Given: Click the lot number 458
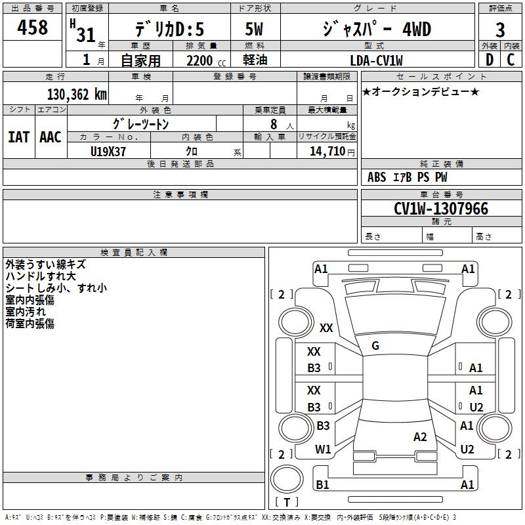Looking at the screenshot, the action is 32,27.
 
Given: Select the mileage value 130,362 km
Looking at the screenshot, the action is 77,94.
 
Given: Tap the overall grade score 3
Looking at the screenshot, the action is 500,30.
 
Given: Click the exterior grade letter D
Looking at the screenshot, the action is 490,60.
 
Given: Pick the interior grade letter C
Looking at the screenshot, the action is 511,60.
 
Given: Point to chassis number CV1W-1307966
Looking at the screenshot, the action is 441,209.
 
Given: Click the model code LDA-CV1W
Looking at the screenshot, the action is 376,60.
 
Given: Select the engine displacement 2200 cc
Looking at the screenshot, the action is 206,60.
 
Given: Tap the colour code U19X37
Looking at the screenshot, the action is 108,152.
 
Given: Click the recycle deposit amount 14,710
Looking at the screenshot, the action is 327,151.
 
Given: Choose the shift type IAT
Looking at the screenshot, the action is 18,137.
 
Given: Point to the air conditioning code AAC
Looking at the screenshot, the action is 51,137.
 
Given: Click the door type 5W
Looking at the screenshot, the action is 254,29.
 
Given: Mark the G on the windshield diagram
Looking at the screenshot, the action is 375,345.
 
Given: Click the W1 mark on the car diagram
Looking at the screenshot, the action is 323,449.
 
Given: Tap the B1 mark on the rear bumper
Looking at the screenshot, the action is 322,484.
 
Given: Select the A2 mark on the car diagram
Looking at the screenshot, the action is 420,436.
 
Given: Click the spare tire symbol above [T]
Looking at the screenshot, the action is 287,479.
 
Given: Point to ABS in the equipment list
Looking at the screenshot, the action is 377,177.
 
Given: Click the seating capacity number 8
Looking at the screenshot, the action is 274,124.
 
